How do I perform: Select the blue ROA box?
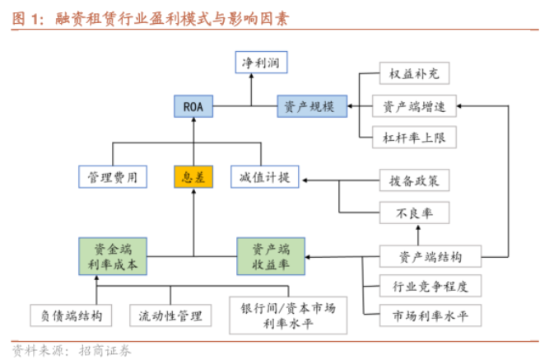(194, 105)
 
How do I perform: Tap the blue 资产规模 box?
(310, 105)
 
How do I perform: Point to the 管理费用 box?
(113, 176)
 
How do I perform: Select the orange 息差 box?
(194, 176)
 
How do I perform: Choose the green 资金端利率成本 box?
(113, 255)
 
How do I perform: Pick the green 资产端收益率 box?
(271, 255)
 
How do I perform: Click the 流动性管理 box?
(170, 315)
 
